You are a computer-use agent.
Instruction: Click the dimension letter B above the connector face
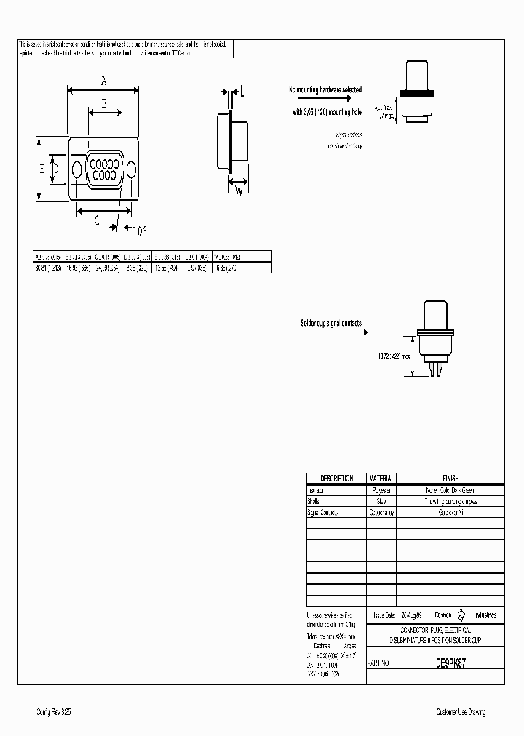(104, 104)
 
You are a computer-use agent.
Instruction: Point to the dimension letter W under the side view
(238, 191)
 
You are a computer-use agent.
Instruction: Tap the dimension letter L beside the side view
(242, 92)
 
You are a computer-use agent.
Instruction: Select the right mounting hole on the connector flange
(131, 169)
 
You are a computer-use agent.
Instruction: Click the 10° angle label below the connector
(139, 231)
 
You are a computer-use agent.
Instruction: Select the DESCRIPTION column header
(336, 479)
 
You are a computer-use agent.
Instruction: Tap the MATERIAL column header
(381, 479)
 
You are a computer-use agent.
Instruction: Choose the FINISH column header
(450, 479)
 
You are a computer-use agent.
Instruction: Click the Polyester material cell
(381, 490)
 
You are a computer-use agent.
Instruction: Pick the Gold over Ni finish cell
(450, 513)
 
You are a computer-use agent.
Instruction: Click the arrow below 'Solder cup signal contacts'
(330, 331)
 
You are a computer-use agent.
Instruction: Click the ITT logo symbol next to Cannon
(461, 615)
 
